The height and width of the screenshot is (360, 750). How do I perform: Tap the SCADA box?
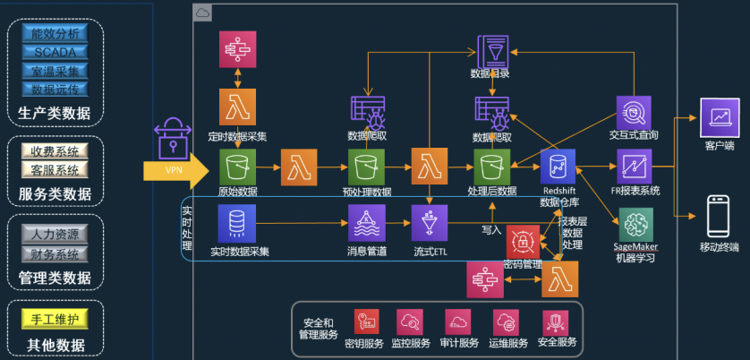pos(55,51)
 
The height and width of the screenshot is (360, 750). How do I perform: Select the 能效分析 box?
pos(55,33)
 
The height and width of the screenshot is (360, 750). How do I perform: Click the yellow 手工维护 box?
pos(55,319)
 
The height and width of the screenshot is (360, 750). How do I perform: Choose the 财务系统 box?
pos(55,253)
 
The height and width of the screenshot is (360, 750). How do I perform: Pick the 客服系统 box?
pos(55,168)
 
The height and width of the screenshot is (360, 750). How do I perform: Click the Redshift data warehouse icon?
pos(558,167)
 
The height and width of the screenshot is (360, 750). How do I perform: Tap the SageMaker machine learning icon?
pos(635,224)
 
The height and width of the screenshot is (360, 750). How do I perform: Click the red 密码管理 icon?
pos(524,243)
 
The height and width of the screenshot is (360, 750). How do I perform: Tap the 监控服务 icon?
pos(411,322)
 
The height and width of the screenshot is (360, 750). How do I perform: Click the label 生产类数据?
pos(55,113)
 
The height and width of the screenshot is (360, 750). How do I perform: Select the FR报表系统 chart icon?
pos(634,167)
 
